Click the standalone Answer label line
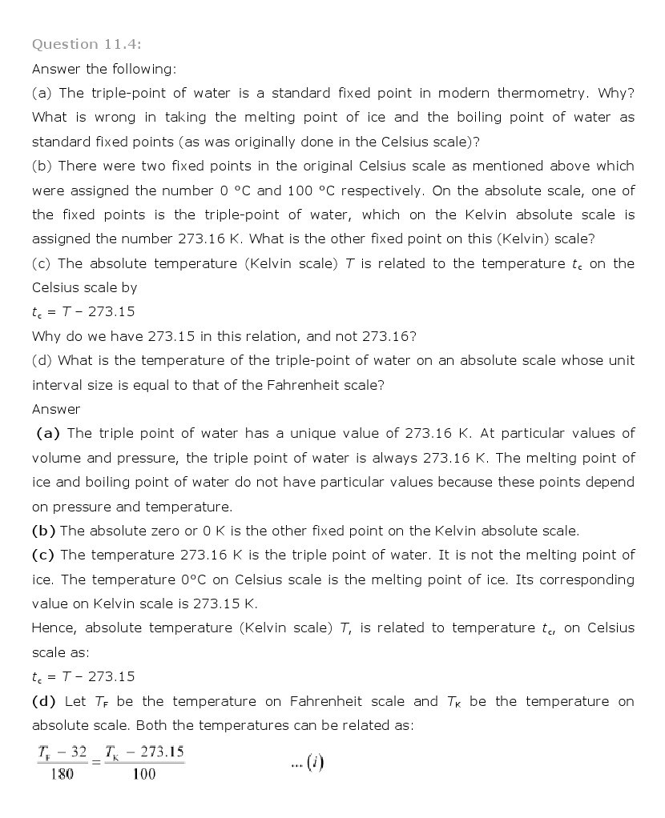tap(56, 409)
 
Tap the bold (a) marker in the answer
tap(48, 433)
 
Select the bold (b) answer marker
tap(43, 531)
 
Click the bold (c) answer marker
tap(43, 555)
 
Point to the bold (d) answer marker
tap(43, 701)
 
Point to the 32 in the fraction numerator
tap(77, 752)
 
